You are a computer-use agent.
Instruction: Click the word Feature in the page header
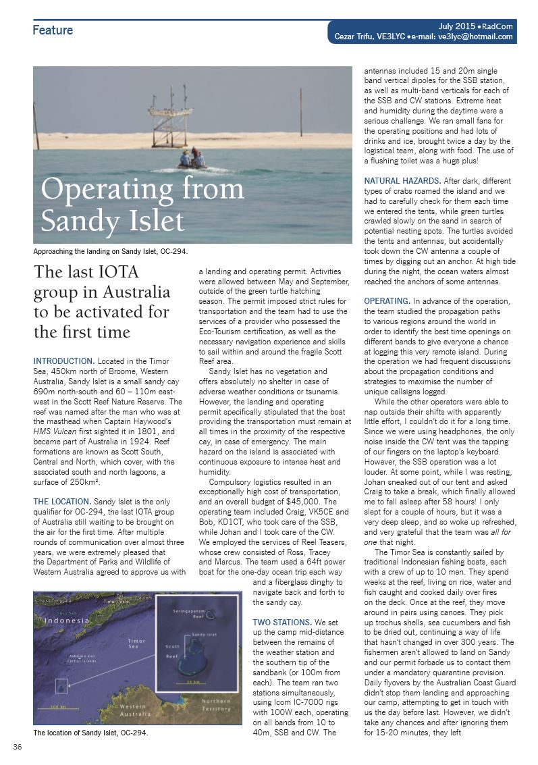[x=53, y=30]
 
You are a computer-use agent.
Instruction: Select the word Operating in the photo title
[x=101, y=188]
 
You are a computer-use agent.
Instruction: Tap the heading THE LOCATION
[x=62, y=502]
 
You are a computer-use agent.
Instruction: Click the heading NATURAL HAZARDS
[x=402, y=181]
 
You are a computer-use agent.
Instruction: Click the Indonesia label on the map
[x=62, y=620]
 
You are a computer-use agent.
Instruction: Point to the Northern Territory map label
[x=215, y=704]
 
